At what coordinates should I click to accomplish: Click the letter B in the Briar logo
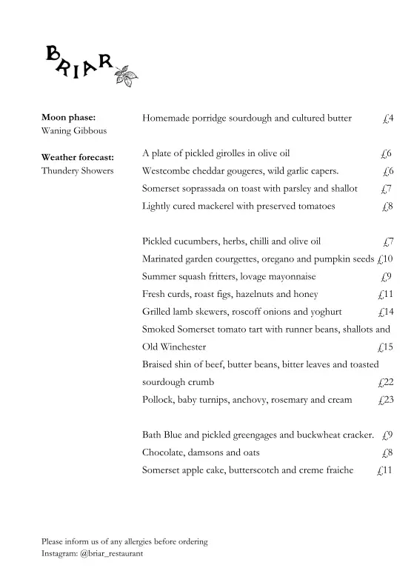[53, 53]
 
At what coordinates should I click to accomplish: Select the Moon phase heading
[68, 117]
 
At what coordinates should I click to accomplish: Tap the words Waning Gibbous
[74, 131]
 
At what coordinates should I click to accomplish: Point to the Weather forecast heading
[77, 157]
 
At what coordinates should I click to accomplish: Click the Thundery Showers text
[77, 171]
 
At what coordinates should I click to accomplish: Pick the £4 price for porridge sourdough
[387, 118]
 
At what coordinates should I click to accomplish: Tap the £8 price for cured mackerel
[387, 207]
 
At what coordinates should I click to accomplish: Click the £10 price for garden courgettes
[384, 259]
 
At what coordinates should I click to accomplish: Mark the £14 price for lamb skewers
[385, 312]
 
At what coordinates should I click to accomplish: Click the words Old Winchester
[174, 347]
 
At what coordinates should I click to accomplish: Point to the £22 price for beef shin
[385, 382]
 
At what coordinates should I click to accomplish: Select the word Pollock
[158, 400]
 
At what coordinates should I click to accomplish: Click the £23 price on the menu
[385, 400]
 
